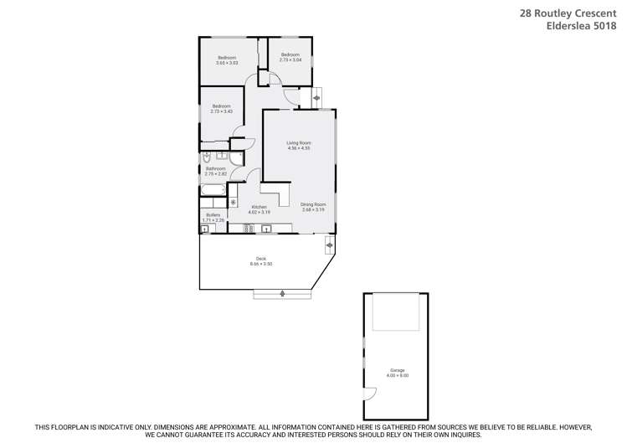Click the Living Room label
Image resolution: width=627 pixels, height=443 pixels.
[x=299, y=143]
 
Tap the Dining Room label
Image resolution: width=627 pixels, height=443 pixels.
[x=314, y=203]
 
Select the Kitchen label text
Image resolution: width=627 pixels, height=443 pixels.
[x=259, y=207]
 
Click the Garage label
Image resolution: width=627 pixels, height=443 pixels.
[x=397, y=370]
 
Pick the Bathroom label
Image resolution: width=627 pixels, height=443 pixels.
[x=216, y=168]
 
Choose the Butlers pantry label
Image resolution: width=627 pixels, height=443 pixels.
[x=213, y=215]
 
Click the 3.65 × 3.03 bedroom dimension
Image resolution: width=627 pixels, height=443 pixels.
[x=227, y=63]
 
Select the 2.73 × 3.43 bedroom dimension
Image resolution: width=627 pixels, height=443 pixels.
[x=221, y=111]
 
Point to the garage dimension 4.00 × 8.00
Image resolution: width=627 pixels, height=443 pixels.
[x=398, y=375]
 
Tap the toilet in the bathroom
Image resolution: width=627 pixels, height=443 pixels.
[x=206, y=157]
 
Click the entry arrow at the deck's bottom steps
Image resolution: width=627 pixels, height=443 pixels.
[x=282, y=293]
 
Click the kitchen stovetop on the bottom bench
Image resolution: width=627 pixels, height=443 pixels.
[x=248, y=228]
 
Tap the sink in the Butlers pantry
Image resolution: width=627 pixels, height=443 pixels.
[x=205, y=229]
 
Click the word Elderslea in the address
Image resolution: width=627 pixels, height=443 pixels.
[x=563, y=25]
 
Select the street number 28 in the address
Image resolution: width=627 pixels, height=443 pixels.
[x=525, y=13]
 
